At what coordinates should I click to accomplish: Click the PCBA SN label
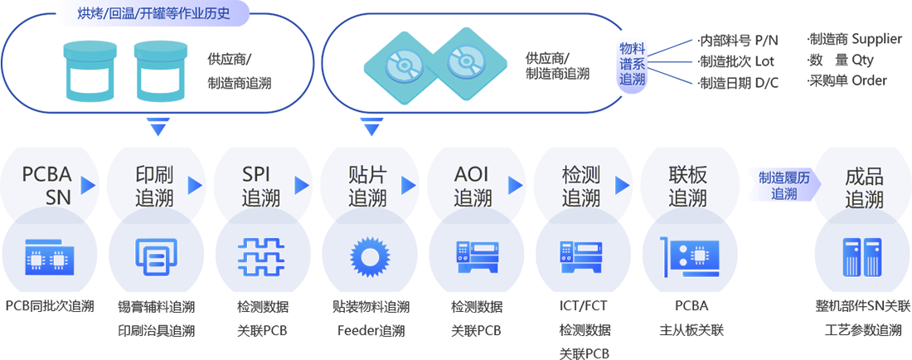(x=47, y=186)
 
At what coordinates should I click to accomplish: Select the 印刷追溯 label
(x=154, y=186)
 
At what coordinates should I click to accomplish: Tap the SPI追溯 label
(x=261, y=186)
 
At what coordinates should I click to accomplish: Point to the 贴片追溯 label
(x=367, y=186)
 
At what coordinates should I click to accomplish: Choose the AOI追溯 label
(x=473, y=186)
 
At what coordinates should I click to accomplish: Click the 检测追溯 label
(x=580, y=186)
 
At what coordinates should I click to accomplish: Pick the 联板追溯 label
(x=687, y=186)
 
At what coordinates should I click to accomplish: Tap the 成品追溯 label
(x=864, y=187)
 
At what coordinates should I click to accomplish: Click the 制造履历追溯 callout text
(x=778, y=186)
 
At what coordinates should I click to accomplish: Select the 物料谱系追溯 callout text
(x=633, y=65)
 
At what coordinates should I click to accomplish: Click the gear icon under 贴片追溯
(x=367, y=256)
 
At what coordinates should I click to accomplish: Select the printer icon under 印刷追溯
(x=156, y=257)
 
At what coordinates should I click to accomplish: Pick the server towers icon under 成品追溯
(x=862, y=256)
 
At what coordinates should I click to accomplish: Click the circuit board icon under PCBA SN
(x=48, y=257)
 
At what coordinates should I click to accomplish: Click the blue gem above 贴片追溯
(x=366, y=127)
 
